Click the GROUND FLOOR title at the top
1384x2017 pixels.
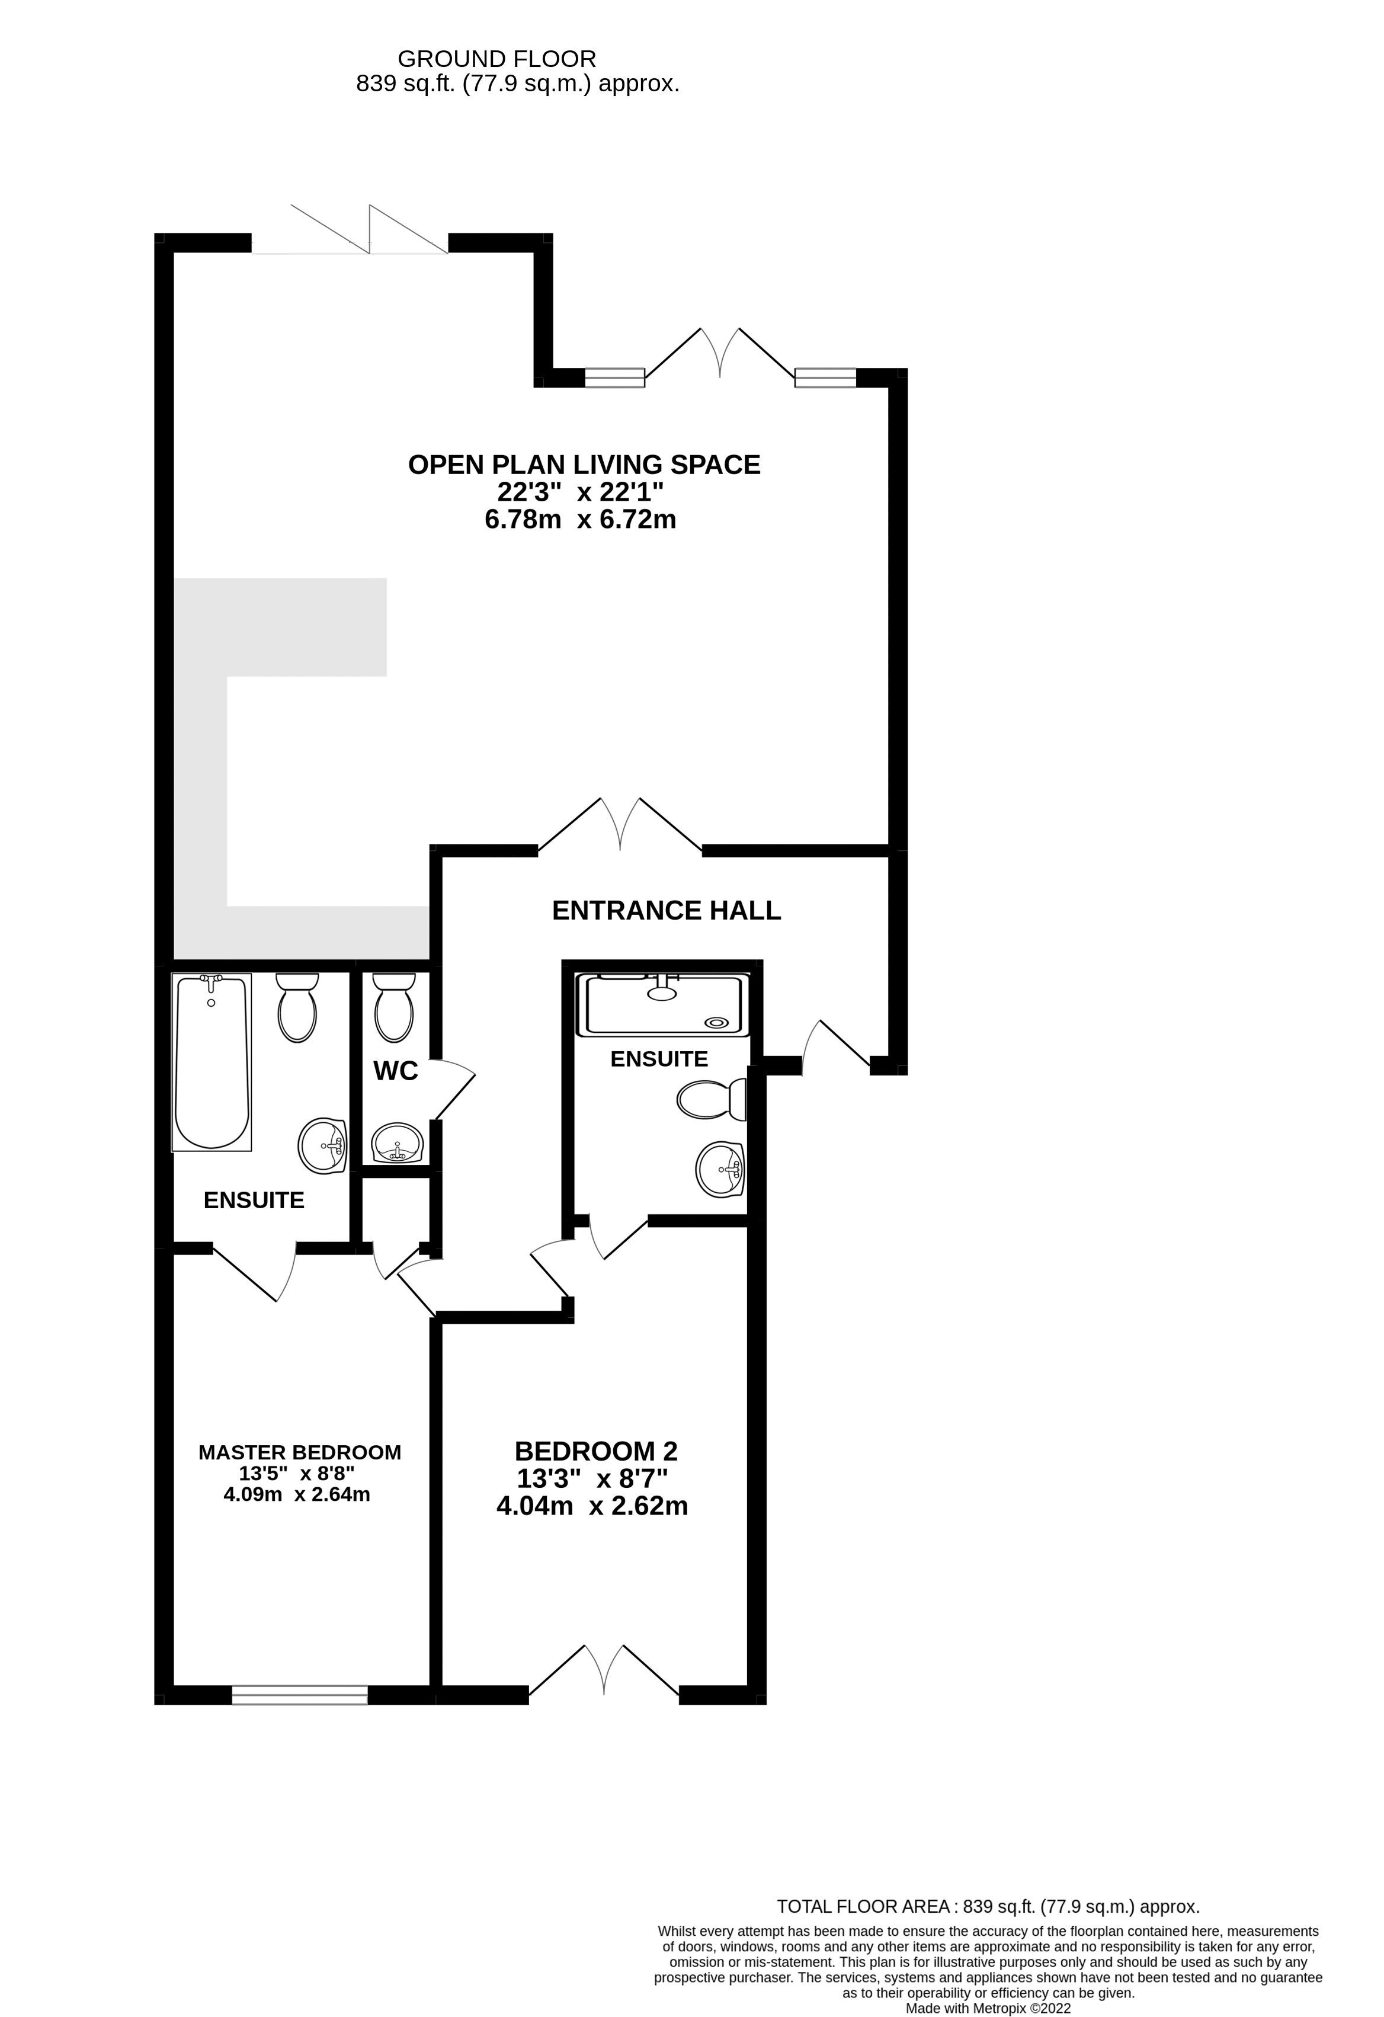click(496, 59)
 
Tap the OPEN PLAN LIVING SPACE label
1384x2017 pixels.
click(584, 465)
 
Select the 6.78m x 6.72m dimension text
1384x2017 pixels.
click(579, 520)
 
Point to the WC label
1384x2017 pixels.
click(396, 1071)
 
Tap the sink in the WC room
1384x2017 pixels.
click(398, 1143)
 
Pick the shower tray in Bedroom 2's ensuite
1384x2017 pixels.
click(663, 1005)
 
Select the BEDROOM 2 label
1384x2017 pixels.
click(595, 1451)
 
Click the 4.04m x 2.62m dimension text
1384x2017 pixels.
click(592, 1506)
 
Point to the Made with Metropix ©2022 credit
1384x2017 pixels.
click(988, 2008)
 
